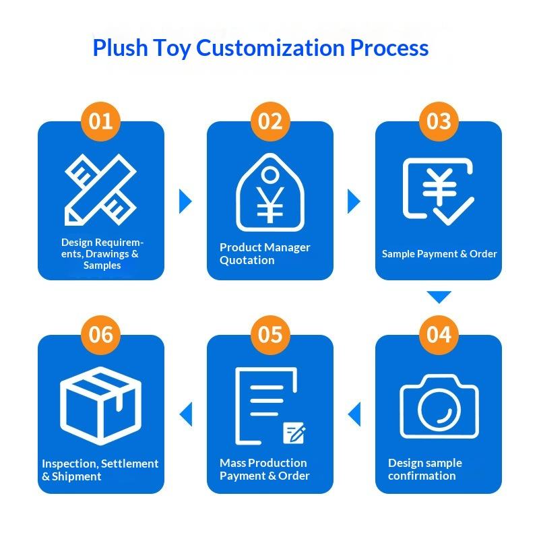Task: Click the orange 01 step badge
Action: (100, 121)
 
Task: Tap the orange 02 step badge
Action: (269, 121)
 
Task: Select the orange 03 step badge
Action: (439, 121)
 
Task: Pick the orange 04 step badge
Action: (439, 335)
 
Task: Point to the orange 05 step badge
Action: (269, 335)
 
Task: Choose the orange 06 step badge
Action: (100, 335)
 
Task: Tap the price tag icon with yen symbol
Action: (269, 192)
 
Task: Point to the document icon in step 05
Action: (268, 406)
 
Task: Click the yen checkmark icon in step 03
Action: (437, 191)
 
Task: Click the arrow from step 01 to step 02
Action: (185, 201)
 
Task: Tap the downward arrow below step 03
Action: (439, 296)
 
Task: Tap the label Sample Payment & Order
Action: (439, 254)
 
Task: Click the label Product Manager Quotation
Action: (265, 253)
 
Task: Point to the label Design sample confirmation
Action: (424, 469)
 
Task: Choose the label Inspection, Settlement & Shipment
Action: (100, 470)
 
